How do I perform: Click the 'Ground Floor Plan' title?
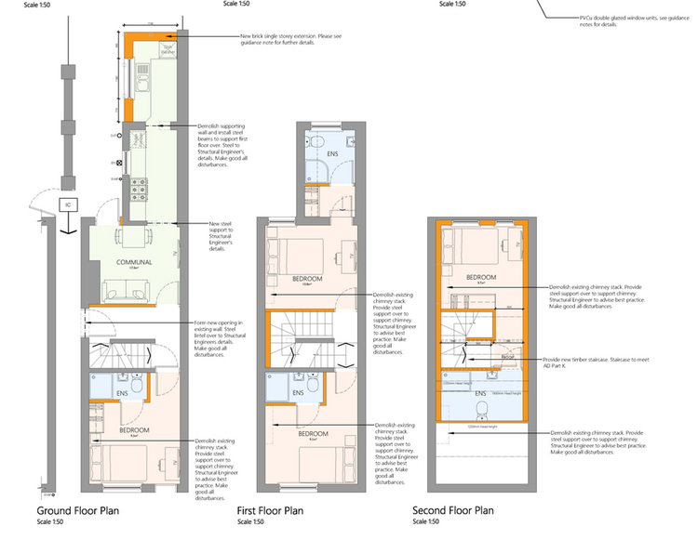point(77,511)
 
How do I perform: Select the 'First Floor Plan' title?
point(270,511)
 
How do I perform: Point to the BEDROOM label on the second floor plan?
point(480,277)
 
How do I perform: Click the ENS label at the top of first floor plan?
point(330,154)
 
